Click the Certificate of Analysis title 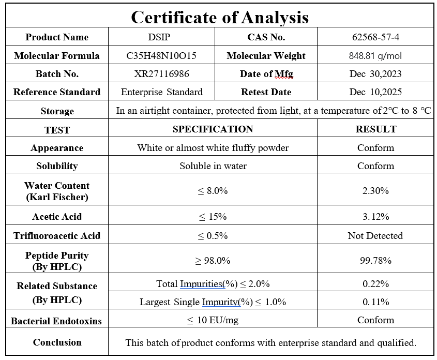click(x=219, y=17)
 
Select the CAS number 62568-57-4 click(x=375, y=37)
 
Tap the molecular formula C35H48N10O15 click(x=161, y=55)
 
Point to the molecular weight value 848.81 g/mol click(x=375, y=55)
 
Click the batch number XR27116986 click(x=161, y=73)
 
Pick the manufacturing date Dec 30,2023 click(x=375, y=73)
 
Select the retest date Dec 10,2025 click(x=375, y=92)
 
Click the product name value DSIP click(x=161, y=37)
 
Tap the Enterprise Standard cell click(x=161, y=92)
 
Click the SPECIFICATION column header click(x=213, y=129)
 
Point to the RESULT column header click(x=375, y=129)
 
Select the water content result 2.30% click(x=375, y=190)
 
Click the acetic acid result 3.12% click(x=375, y=217)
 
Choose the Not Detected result click(x=375, y=235)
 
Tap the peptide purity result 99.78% click(x=375, y=261)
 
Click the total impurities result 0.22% click(x=375, y=283)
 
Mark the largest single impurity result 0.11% click(x=375, y=302)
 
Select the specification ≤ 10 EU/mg click(x=213, y=320)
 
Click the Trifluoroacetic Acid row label click(x=57, y=236)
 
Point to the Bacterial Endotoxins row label click(x=57, y=321)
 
